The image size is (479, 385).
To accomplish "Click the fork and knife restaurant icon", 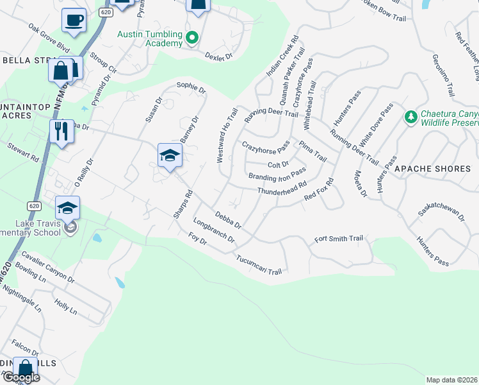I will (x=61, y=131).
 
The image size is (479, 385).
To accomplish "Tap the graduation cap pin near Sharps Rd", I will (x=170, y=156).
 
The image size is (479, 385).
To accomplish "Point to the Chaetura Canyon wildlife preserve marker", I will (x=410, y=117).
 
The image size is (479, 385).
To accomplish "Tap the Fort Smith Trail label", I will (x=339, y=239).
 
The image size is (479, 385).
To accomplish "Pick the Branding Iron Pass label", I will (x=277, y=175).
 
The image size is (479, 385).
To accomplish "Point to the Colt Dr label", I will (x=279, y=165).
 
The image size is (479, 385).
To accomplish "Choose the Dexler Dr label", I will (x=218, y=56).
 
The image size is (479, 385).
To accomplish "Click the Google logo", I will (x=20, y=377).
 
